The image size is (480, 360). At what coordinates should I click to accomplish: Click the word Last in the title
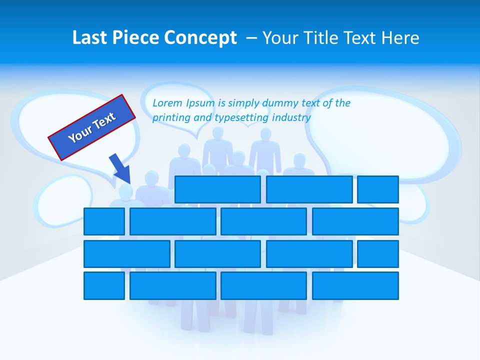[x=90, y=37]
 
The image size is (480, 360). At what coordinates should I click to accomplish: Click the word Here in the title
[x=399, y=37]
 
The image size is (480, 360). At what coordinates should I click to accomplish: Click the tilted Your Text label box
[x=92, y=127]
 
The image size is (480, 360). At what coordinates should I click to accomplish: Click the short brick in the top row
[x=378, y=189]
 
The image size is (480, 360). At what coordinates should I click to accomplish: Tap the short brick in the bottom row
[x=104, y=285]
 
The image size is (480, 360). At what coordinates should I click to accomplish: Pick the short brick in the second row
[x=104, y=221]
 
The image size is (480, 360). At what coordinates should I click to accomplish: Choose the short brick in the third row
[x=378, y=253]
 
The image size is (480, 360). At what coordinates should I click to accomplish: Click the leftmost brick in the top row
[x=217, y=189]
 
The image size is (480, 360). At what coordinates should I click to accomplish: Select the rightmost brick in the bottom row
[x=355, y=285]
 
